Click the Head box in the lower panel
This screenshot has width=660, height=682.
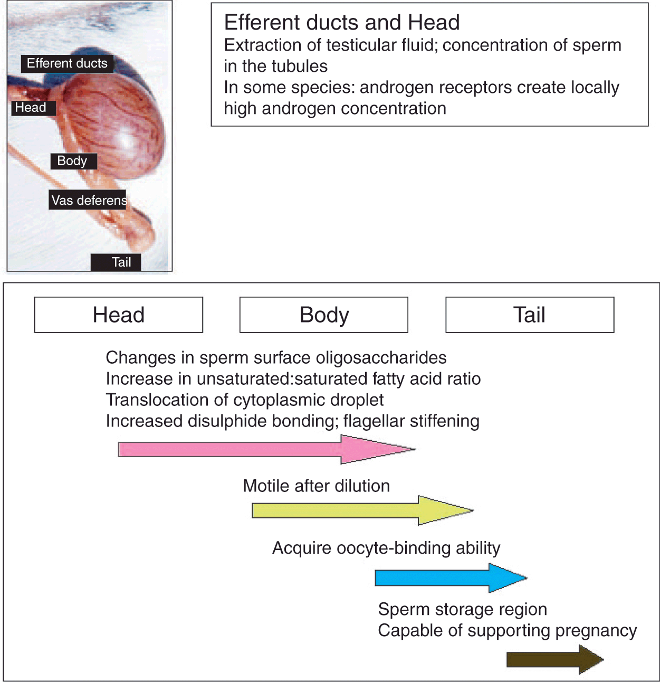pyautogui.click(x=119, y=315)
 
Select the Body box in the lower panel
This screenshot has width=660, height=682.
pyautogui.click(x=324, y=315)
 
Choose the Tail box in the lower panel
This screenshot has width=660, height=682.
pyautogui.click(x=530, y=315)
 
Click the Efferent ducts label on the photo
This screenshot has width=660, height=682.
pyautogui.click(x=67, y=63)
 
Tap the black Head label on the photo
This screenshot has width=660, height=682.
pyautogui.click(x=31, y=108)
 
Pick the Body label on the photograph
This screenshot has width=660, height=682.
pyautogui.click(x=72, y=161)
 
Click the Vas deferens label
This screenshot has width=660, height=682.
pyautogui.click(x=89, y=200)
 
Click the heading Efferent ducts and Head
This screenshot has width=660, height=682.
pyautogui.click(x=342, y=23)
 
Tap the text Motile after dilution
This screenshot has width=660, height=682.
pyautogui.click(x=316, y=486)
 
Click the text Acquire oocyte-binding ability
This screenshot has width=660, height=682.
pyautogui.click(x=386, y=548)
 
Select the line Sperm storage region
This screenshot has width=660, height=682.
pyautogui.click(x=463, y=609)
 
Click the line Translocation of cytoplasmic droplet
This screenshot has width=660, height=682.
pyautogui.click(x=245, y=400)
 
